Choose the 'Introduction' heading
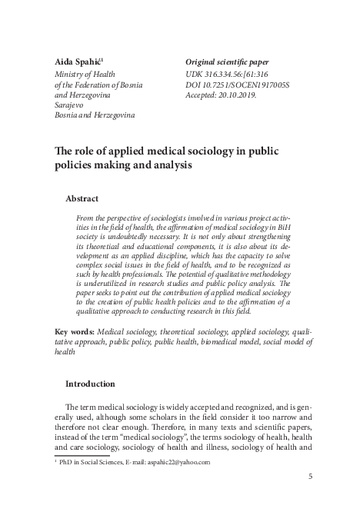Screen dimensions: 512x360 [90, 384]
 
